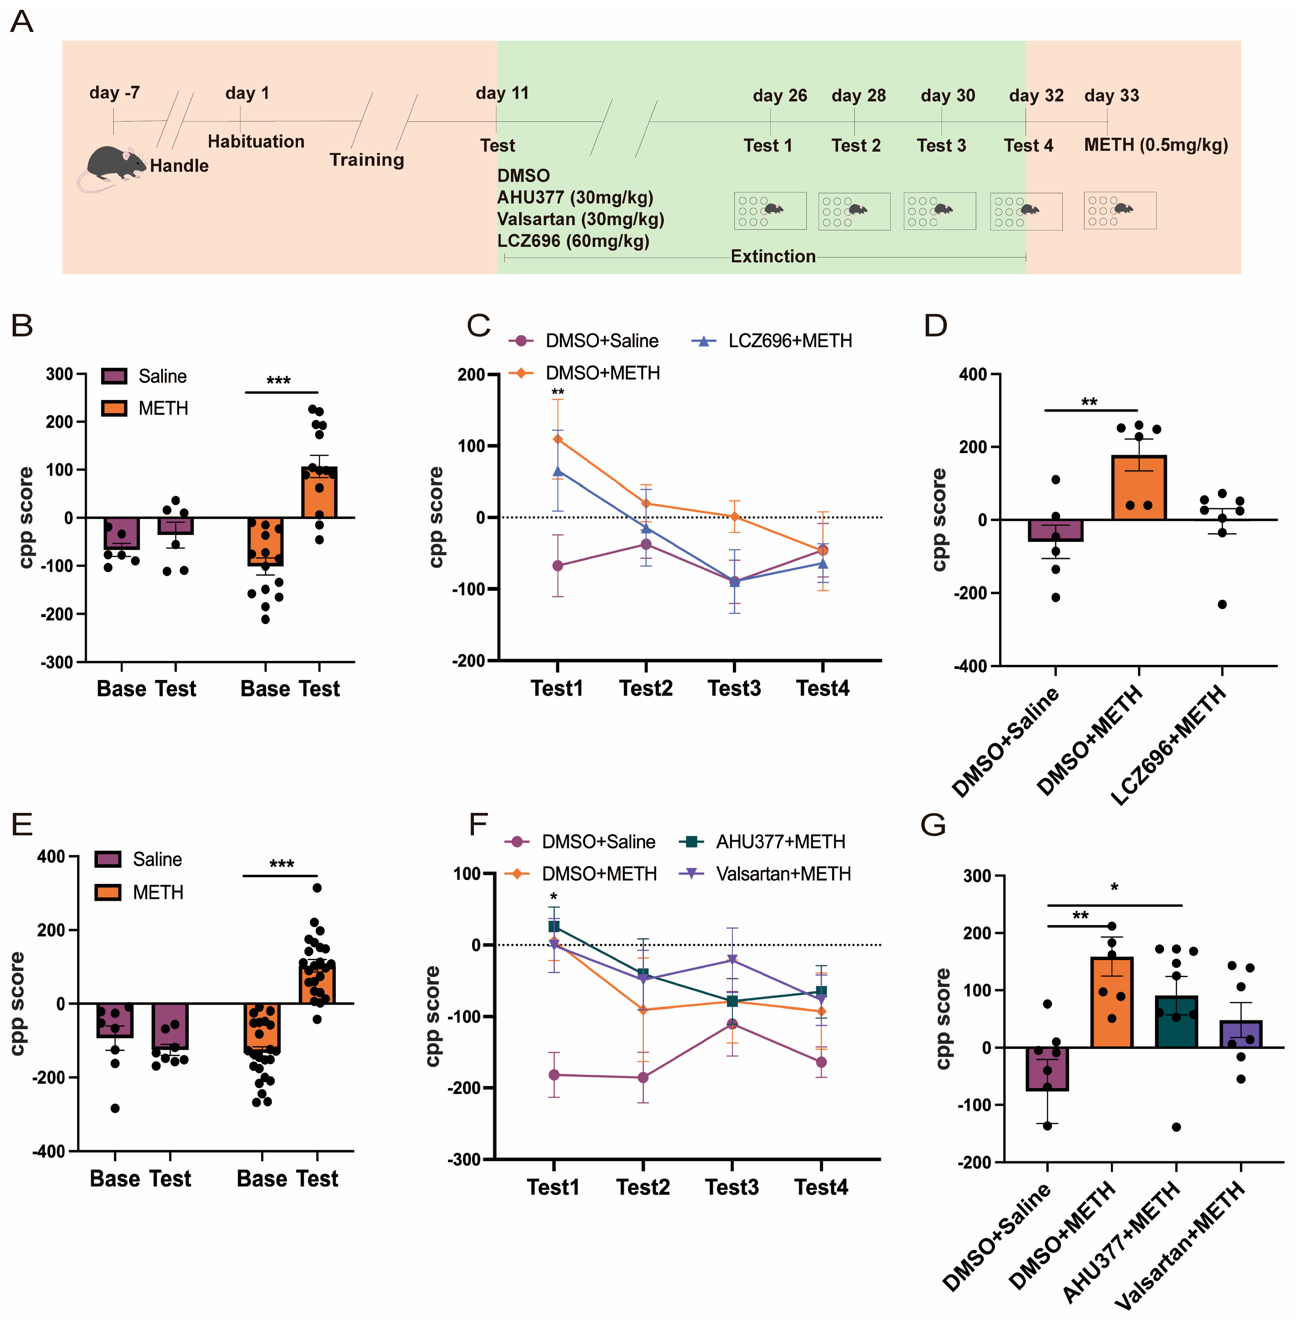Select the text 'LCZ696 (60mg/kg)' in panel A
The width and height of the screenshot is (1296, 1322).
coord(573,241)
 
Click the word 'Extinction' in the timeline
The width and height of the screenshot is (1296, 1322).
coord(773,257)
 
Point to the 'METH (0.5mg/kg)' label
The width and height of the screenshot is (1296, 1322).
coord(1156,145)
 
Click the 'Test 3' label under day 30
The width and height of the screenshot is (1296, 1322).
coord(941,146)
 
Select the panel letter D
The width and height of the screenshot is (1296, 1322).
coord(936,326)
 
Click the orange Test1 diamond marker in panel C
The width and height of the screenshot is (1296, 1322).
coord(557,439)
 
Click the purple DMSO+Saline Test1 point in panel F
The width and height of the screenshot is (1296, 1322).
coord(554,1075)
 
